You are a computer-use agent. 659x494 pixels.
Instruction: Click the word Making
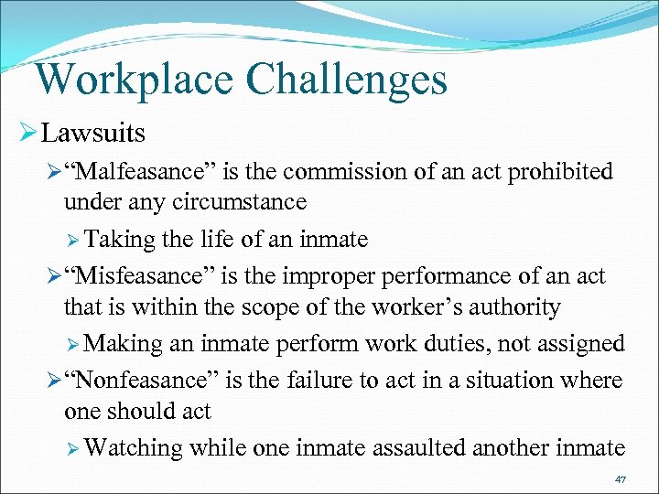click(122, 343)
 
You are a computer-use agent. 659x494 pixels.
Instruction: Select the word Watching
click(134, 447)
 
